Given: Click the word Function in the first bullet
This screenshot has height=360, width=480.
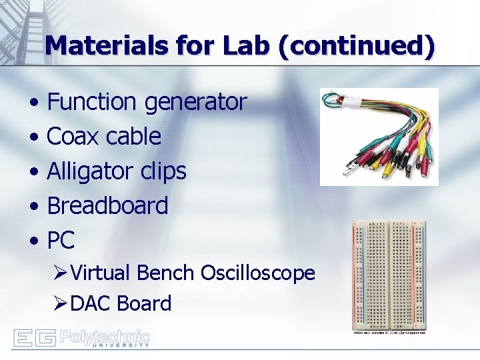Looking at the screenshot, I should [x=92, y=102].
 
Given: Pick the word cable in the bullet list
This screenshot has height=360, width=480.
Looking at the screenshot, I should [x=133, y=137].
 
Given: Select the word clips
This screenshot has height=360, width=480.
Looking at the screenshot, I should [x=163, y=172].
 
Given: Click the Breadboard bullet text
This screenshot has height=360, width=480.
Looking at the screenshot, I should [x=107, y=206].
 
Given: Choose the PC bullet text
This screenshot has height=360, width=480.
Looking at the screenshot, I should [x=61, y=240].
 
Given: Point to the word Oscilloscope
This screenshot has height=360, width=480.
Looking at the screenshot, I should [x=257, y=273].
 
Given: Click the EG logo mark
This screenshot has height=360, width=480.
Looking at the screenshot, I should [x=34, y=338].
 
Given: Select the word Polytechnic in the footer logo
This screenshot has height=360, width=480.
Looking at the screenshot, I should [x=105, y=336].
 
